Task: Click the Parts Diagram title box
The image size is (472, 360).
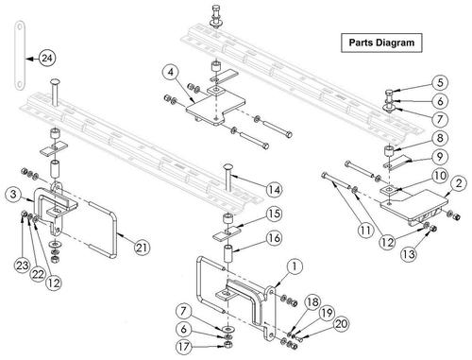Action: [381, 43]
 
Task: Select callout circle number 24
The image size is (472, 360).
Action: [47, 59]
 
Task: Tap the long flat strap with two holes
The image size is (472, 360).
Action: [20, 56]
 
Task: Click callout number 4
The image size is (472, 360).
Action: [171, 73]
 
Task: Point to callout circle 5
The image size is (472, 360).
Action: [440, 82]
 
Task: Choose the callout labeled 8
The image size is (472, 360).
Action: [440, 138]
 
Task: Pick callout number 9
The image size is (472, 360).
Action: [440, 157]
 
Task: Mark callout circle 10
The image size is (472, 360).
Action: [440, 176]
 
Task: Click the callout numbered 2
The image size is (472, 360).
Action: [459, 183]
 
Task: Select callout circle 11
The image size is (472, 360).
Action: [365, 231]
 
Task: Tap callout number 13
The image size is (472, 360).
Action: [409, 253]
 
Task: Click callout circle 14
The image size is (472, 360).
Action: [274, 190]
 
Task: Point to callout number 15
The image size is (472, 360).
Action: [274, 214]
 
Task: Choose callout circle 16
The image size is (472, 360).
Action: [274, 238]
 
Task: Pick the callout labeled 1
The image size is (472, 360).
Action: [295, 266]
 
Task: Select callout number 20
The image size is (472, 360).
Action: [341, 323]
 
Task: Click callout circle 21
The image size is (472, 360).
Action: [142, 248]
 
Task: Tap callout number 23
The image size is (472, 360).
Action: [23, 266]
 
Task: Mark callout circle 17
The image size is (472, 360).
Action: [184, 347]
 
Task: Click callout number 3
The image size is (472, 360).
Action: [13, 194]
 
